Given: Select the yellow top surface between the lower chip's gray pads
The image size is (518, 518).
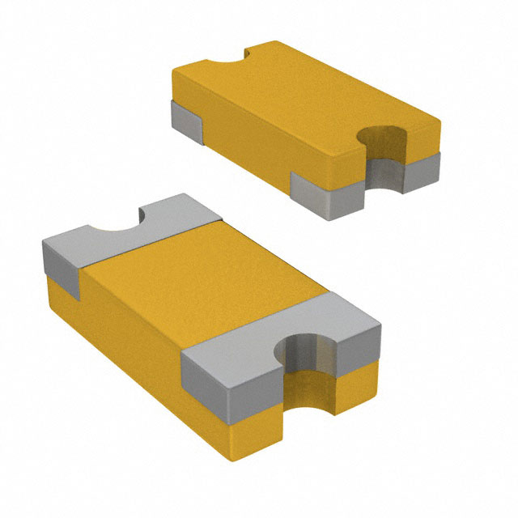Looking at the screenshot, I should pos(202,283).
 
